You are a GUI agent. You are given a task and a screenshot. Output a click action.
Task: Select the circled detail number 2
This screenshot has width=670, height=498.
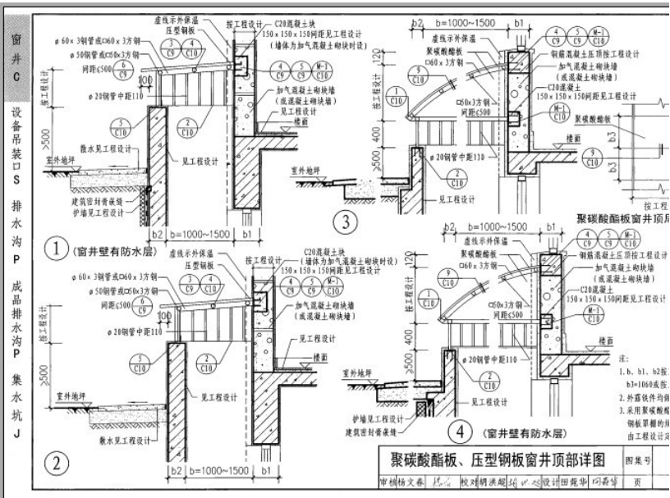click(x=57, y=464)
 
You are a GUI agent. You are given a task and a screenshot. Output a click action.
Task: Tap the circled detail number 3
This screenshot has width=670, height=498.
click(x=346, y=221)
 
